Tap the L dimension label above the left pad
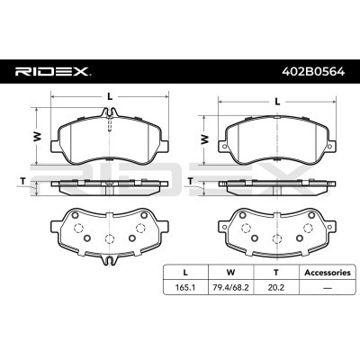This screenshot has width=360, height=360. point(110,95)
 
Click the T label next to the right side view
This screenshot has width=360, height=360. point(193,182)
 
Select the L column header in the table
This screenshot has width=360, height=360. point(184,270)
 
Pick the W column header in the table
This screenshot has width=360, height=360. point(231,270)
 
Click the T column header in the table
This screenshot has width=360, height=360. point(276,270)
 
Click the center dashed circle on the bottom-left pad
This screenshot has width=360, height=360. point(109,239)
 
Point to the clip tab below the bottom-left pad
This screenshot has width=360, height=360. point(109,263)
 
